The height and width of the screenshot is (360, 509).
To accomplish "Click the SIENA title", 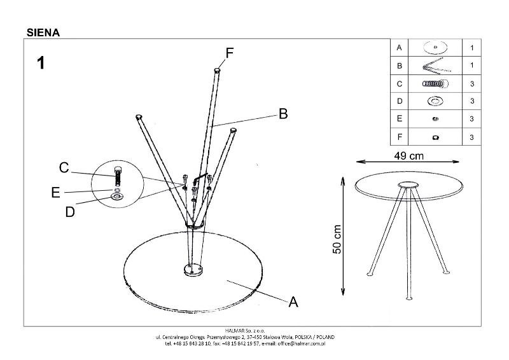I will [43, 32].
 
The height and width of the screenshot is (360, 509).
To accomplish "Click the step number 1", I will [41, 62].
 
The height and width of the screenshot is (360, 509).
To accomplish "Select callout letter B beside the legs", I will [283, 114].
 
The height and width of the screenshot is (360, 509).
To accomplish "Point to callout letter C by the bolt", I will [64, 167].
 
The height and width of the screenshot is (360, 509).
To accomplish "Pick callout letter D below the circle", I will [70, 212].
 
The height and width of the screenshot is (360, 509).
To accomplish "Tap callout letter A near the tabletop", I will [293, 302].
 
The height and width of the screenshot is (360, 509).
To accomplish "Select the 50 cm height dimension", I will [337, 239].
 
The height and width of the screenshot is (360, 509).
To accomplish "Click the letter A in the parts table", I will [399, 48].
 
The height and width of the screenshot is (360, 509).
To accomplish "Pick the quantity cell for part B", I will [472, 66].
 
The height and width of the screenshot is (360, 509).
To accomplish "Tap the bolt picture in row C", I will [435, 83].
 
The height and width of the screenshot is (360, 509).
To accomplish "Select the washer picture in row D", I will [435, 101].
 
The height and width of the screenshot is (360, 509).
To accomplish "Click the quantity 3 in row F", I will [472, 137].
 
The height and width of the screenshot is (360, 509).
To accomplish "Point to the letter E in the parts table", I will [399, 119].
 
